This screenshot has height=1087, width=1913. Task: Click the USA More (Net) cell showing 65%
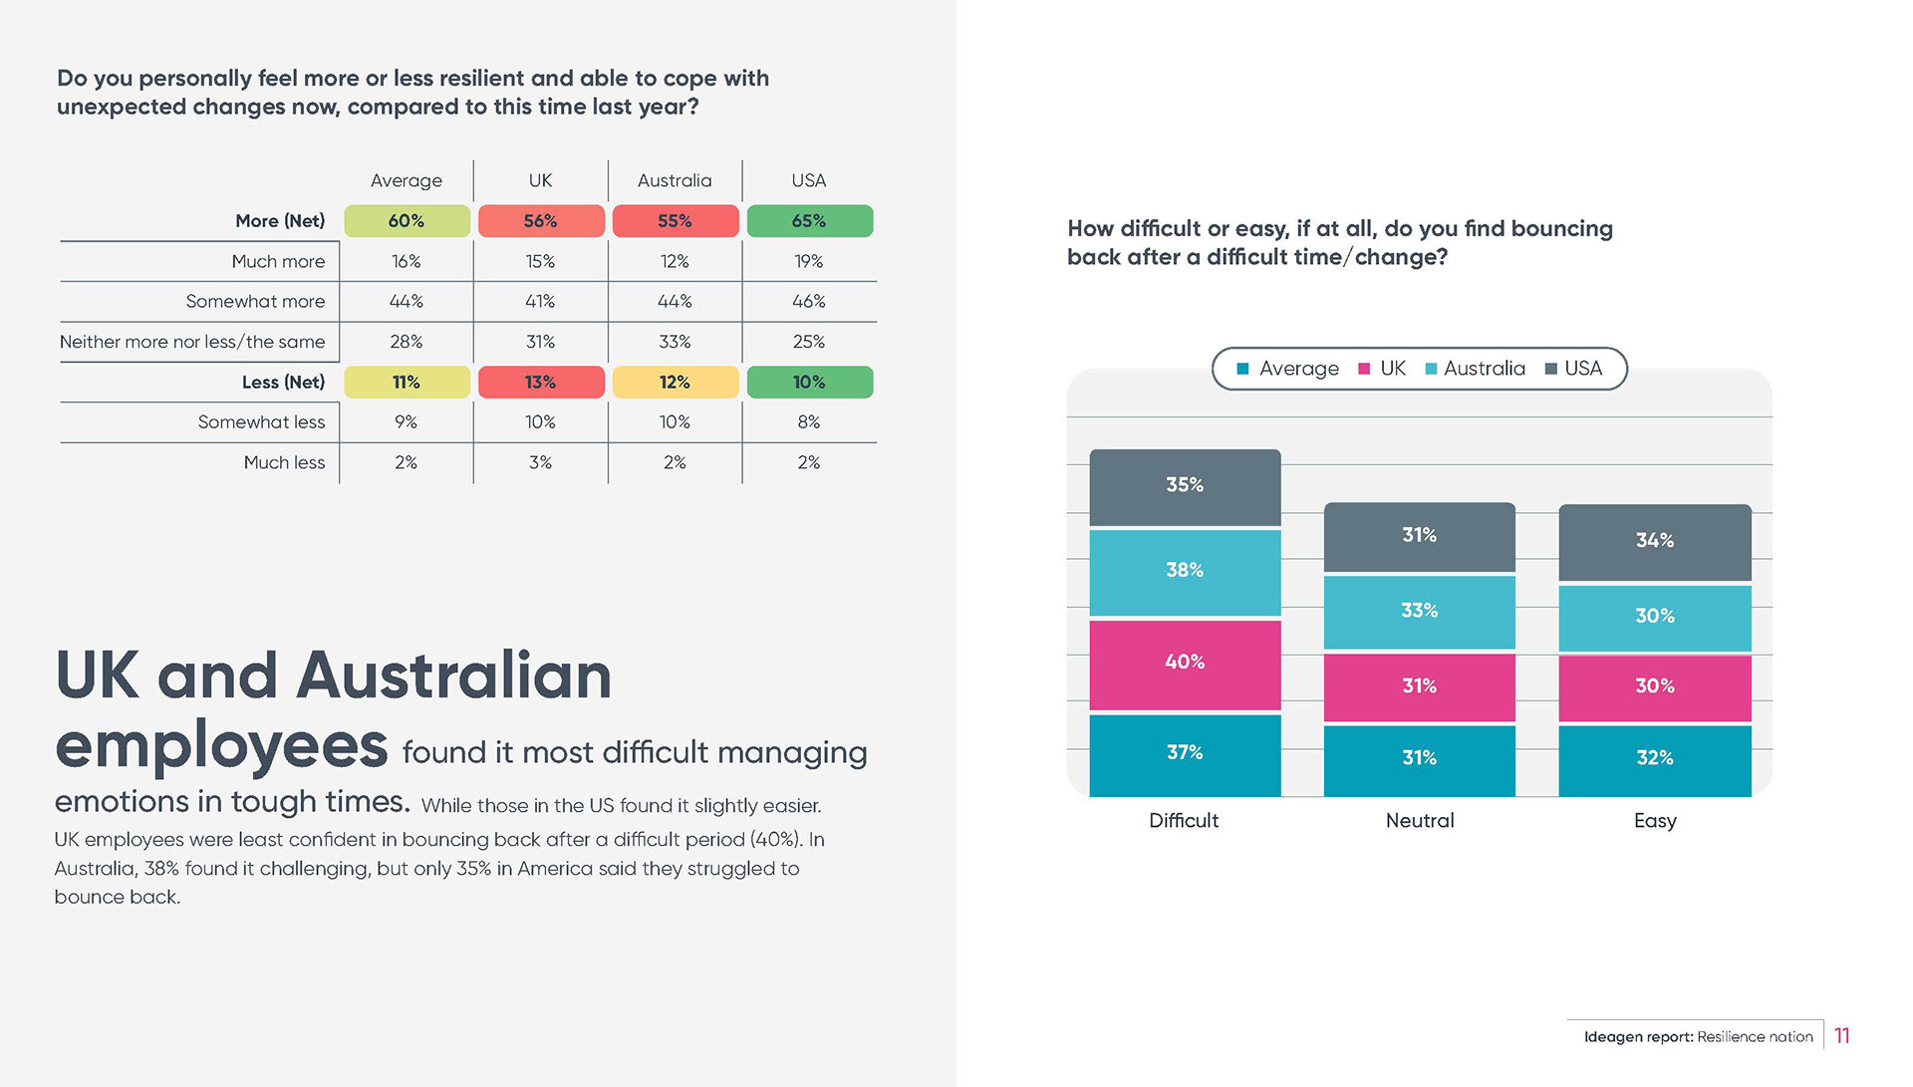coord(809,221)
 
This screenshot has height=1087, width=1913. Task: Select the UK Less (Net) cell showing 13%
coord(541,383)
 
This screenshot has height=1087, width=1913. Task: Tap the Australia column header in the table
coord(675,180)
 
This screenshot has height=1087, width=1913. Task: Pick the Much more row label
coord(278,261)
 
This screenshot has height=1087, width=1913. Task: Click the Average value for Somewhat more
coord(406,301)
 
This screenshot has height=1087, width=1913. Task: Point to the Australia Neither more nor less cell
coord(675,342)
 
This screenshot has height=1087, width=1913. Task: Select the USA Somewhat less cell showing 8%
coord(809,422)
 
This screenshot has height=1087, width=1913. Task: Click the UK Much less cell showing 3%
coord(541,462)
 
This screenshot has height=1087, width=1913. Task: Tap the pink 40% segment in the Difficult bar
coord(1185,663)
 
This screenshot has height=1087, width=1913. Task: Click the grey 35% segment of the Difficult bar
coord(1185,485)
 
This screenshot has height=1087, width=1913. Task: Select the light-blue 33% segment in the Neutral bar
coord(1419,611)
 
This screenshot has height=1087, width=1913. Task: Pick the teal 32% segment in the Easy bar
coord(1654,758)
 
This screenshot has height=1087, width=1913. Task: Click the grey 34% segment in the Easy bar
coord(1654,540)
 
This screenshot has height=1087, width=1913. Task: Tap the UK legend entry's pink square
coord(1364,369)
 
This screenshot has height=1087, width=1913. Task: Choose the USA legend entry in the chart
coord(1574,369)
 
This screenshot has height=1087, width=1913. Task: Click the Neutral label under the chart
coord(1419,821)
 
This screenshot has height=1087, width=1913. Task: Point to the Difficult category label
coord(1184,821)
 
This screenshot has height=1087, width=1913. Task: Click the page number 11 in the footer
coord(1841,1036)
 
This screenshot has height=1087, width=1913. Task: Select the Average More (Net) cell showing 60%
coord(407,221)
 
